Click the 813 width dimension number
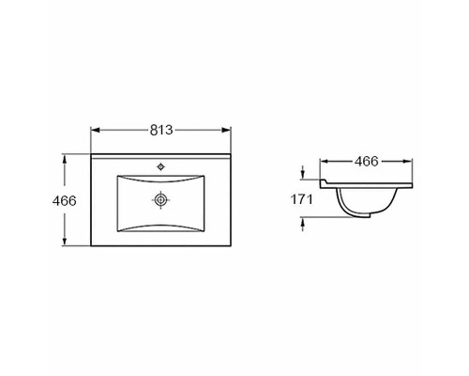(161, 130)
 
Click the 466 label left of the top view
(64, 201)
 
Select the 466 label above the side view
(366, 162)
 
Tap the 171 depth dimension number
(302, 199)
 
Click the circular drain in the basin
(160, 199)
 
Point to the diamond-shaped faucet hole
(160, 167)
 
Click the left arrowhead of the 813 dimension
(95, 130)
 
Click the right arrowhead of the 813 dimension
(226, 130)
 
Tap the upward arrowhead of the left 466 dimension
(65, 159)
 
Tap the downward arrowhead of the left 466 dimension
(65, 241)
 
